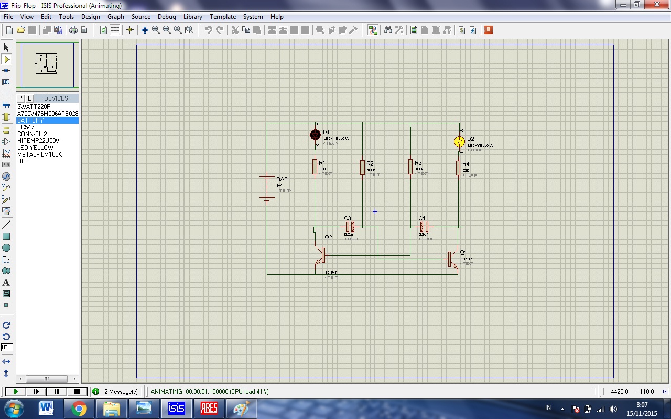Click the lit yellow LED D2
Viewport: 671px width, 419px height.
[x=459, y=141]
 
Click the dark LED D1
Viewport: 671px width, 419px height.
[x=315, y=135]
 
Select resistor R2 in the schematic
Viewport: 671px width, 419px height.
[x=362, y=168]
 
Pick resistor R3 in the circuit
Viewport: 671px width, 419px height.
[x=410, y=167]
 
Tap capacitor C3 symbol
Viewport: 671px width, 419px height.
[x=350, y=227]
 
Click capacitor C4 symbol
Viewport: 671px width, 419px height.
[x=424, y=227]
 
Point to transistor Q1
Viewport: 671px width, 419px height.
[x=452, y=260]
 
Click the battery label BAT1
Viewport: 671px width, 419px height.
[x=283, y=179]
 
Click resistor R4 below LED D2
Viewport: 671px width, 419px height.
[x=458, y=168]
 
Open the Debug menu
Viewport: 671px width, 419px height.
[x=167, y=17]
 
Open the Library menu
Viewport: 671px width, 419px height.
[x=192, y=17]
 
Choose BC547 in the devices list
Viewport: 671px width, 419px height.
[x=26, y=127]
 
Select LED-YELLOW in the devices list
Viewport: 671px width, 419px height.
[x=35, y=148]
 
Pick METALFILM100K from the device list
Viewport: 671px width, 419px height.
[x=39, y=155]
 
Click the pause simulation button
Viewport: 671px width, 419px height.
[x=56, y=391]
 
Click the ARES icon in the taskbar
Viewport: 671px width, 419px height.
[x=209, y=408]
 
